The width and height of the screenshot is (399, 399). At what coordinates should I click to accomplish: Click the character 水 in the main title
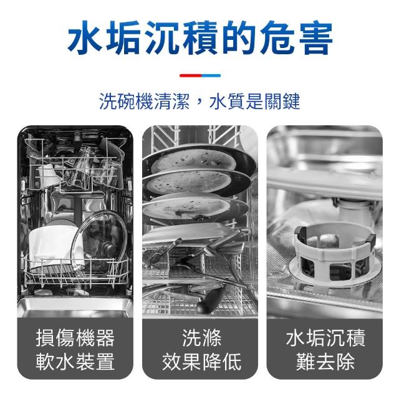pyautogui.click(x=85, y=37)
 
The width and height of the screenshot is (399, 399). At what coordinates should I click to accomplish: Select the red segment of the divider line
pyautogui.click(x=190, y=75)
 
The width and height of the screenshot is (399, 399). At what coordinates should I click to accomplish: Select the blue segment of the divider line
pyautogui.click(x=211, y=75)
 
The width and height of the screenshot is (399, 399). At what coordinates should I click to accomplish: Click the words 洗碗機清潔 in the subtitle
pyautogui.click(x=144, y=101)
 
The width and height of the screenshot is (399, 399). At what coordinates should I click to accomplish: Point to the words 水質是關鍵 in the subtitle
pyautogui.click(x=254, y=101)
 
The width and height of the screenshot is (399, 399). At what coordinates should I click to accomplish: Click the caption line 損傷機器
pyautogui.click(x=75, y=338)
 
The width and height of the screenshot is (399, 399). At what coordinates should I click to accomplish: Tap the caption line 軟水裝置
pyautogui.click(x=75, y=362)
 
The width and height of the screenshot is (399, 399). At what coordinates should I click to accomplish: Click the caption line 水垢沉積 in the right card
pyautogui.click(x=325, y=338)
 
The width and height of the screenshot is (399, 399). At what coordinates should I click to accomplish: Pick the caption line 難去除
pyautogui.click(x=325, y=362)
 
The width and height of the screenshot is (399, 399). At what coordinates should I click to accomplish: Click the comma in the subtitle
pyautogui.click(x=199, y=105)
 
